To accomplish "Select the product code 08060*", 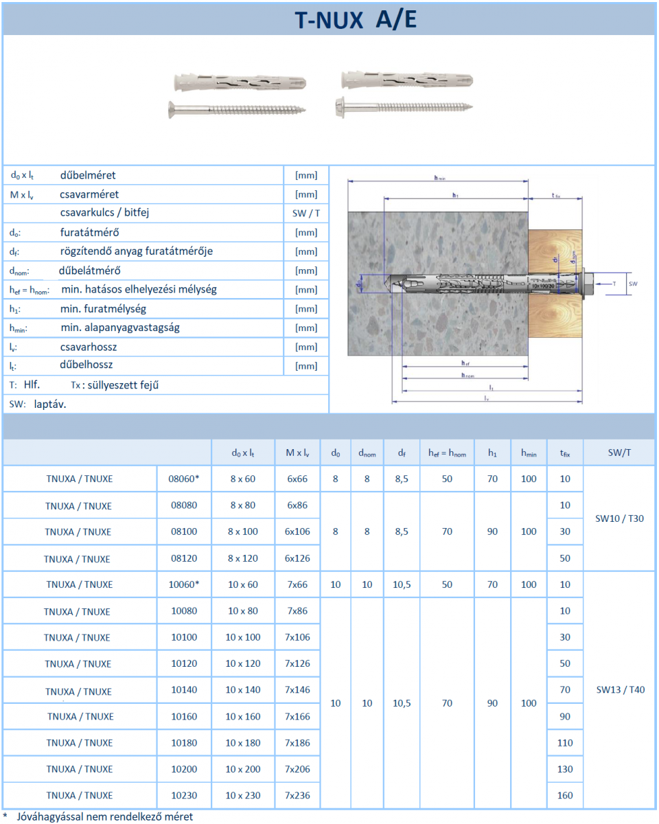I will pos(183,479).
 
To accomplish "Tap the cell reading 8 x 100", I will pos(243,531).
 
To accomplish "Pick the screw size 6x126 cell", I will pos(297,558).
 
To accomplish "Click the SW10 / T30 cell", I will pos(619,518).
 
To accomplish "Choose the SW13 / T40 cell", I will pos(620,689).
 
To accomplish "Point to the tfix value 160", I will pos(565,796).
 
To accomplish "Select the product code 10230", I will pos(183,796).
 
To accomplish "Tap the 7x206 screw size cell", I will pos(297,769).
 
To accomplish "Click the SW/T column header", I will pos(619,453).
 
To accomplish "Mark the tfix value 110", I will pos(565,742).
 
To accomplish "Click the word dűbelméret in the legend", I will pos(88,175).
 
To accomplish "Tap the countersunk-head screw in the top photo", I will pos(237,108).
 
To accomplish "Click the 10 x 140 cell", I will pos(243,689).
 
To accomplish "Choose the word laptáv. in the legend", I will pos(50,404).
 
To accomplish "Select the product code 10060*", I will pos(183,584).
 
